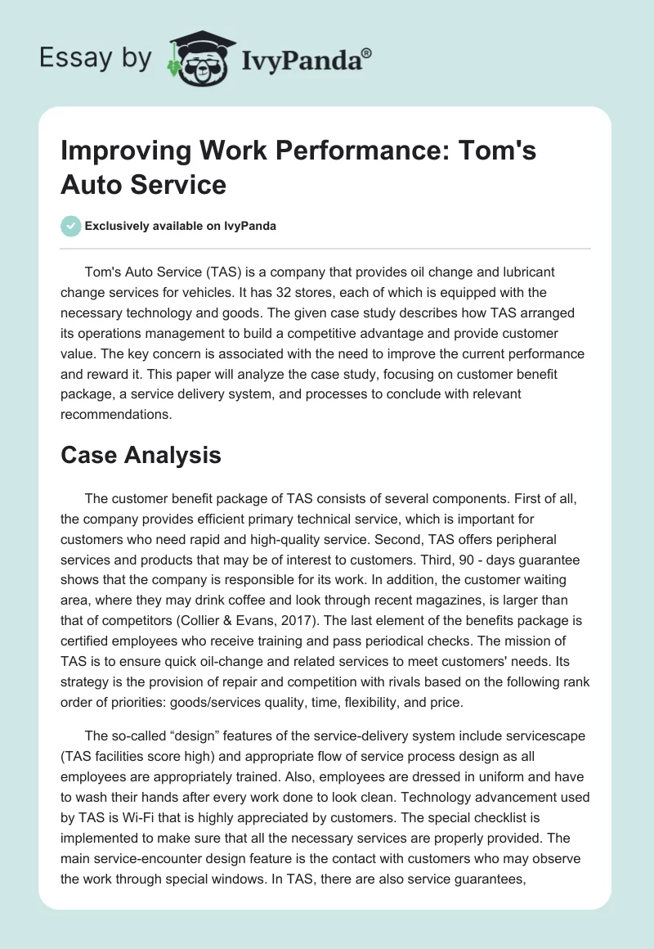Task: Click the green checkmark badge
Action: coord(71,226)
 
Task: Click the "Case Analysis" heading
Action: coord(141,455)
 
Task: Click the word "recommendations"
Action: coord(114,414)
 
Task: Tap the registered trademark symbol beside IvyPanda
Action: coord(367,51)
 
